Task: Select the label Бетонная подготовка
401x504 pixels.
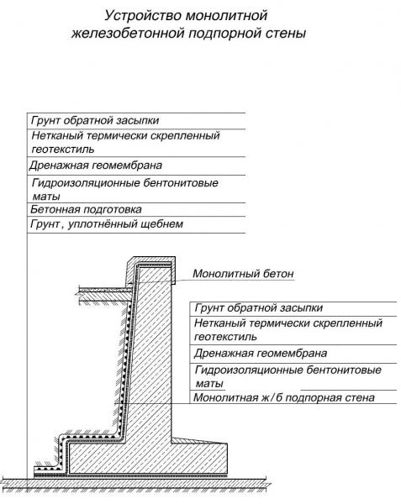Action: tap(86, 209)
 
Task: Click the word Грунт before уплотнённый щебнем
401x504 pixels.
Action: tap(45, 223)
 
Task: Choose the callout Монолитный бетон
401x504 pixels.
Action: tap(243, 274)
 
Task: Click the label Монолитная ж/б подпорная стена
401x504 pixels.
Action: tap(284, 397)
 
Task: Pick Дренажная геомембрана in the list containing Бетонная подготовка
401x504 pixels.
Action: tap(96, 165)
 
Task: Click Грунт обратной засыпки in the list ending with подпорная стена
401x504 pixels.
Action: tap(259, 307)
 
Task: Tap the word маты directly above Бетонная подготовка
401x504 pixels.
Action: tap(46, 197)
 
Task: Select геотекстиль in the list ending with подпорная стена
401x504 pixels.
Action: tap(225, 337)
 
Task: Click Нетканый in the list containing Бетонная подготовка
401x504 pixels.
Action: tap(57, 135)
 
